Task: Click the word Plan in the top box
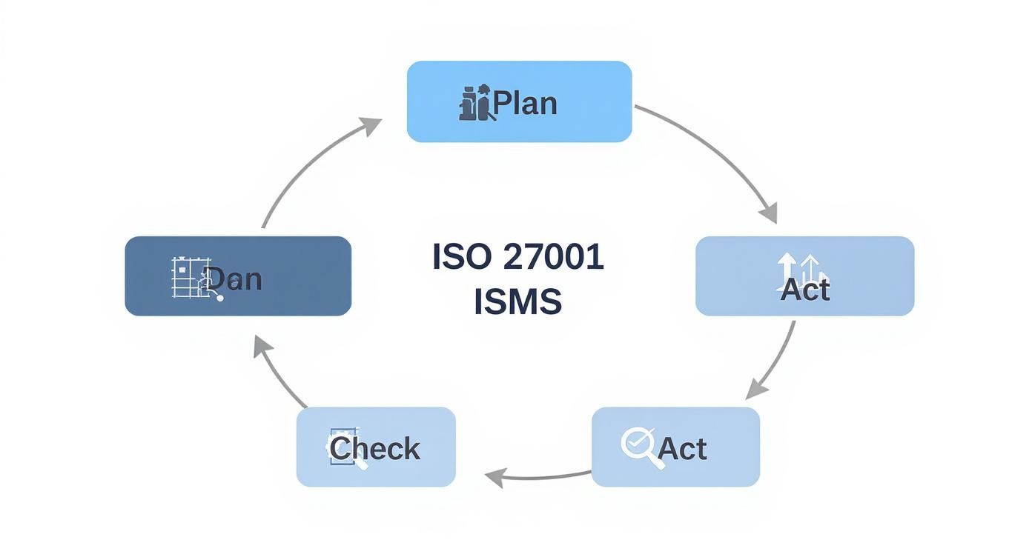click(x=525, y=103)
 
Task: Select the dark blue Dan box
click(x=238, y=276)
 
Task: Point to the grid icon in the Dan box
click(x=190, y=278)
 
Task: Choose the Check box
click(x=376, y=447)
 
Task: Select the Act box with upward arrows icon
click(x=804, y=276)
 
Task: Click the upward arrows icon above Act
click(x=801, y=267)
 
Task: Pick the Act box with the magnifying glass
click(x=675, y=447)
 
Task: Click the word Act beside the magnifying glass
click(x=682, y=449)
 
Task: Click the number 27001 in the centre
click(x=552, y=257)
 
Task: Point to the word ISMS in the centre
click(x=517, y=302)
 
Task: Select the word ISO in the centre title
click(x=461, y=257)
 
